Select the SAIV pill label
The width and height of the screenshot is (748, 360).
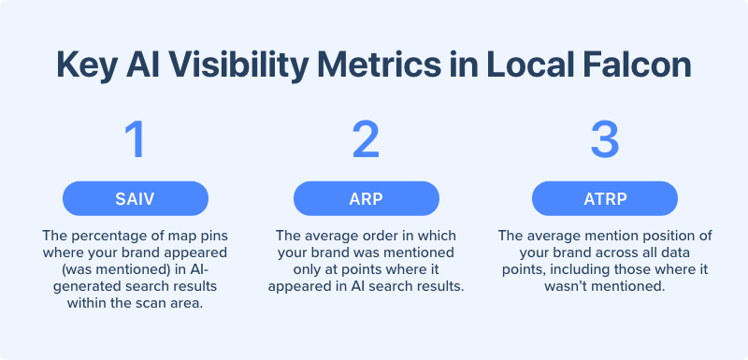click(135, 198)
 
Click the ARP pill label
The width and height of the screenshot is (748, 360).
click(366, 198)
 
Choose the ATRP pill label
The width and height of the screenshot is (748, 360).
click(604, 198)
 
